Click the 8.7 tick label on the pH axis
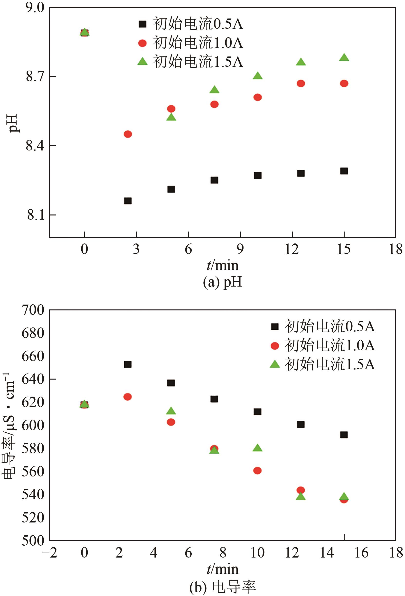coord(35,76)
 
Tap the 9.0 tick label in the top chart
coord(35,8)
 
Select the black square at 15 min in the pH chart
coord(344,171)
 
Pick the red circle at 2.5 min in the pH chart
coord(128,134)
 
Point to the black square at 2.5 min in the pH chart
coord(128,201)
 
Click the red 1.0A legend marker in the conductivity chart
coord(275,346)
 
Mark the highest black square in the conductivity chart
coord(127,364)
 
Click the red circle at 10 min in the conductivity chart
coord(257,471)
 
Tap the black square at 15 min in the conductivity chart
coord(344,435)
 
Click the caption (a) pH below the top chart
coord(222,282)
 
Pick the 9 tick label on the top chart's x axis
coord(240,249)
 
